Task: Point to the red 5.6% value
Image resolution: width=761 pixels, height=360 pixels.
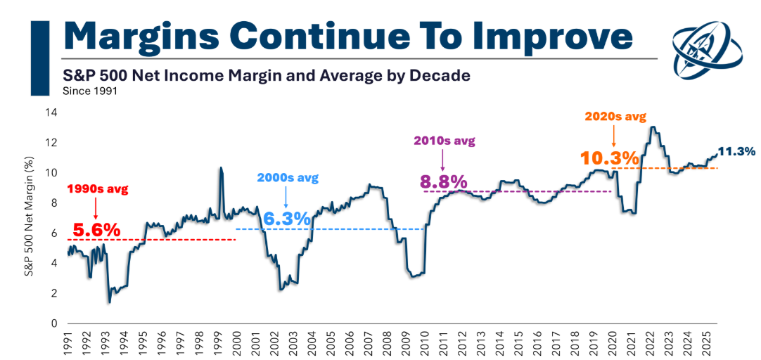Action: [94, 229]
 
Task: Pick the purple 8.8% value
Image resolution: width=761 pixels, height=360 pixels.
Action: [444, 181]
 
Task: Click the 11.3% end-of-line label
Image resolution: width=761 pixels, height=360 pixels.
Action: [736, 150]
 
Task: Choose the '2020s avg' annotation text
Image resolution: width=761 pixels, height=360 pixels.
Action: [615, 116]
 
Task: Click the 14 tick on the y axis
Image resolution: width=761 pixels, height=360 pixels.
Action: [51, 112]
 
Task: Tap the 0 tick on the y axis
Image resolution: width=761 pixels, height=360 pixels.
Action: [53, 323]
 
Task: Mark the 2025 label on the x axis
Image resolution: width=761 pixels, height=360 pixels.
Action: [712, 345]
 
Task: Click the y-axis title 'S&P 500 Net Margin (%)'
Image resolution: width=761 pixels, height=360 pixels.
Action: [30, 215]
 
